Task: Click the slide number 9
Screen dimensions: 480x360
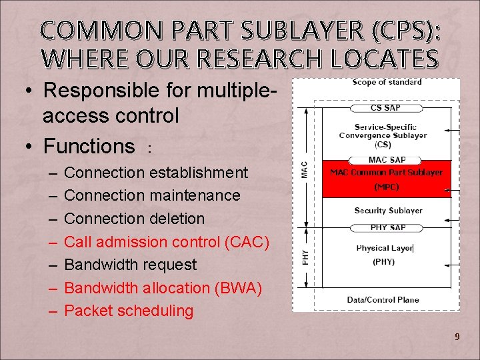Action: [457, 337]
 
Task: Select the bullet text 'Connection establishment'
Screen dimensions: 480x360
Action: [156, 173]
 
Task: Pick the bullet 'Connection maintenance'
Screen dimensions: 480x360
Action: [152, 195]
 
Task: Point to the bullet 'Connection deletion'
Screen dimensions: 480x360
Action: [134, 219]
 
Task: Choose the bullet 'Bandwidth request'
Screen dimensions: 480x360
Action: [130, 265]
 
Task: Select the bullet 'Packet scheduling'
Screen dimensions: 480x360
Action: [129, 311]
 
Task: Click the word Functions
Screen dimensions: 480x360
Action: [89, 145]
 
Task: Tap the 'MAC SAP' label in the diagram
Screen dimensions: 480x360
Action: [387, 160]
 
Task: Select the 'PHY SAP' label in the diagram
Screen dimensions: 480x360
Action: [387, 228]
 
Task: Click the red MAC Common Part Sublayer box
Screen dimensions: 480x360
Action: [387, 179]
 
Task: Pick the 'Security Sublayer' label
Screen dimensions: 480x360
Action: [388, 211]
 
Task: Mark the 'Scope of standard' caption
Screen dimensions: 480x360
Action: [387, 82]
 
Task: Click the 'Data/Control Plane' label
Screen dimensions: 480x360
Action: [383, 300]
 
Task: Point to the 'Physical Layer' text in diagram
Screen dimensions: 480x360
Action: [384, 249]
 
